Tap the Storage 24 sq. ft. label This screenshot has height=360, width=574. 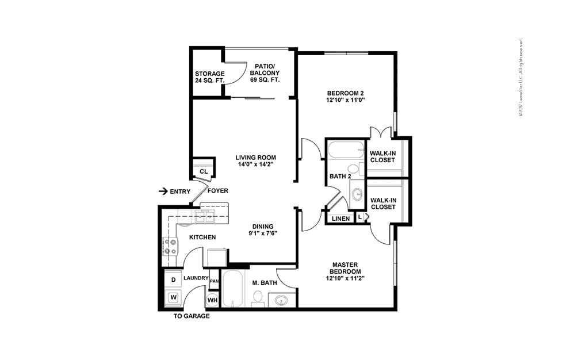[209, 77]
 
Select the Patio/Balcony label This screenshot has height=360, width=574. [264, 73]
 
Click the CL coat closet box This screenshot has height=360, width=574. [203, 171]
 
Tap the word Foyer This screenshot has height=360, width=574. [217, 191]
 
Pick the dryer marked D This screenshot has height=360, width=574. [173, 279]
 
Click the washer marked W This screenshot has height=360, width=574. [173, 298]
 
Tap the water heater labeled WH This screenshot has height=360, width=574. [212, 300]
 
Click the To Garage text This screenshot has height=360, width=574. [192, 316]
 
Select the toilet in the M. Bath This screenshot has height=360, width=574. [258, 297]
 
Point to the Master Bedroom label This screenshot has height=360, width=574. [346, 271]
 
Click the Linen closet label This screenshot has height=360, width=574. [340, 219]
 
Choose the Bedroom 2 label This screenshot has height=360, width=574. [346, 96]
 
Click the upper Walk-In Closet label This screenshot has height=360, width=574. [382, 156]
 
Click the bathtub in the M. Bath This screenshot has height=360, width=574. [234, 290]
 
